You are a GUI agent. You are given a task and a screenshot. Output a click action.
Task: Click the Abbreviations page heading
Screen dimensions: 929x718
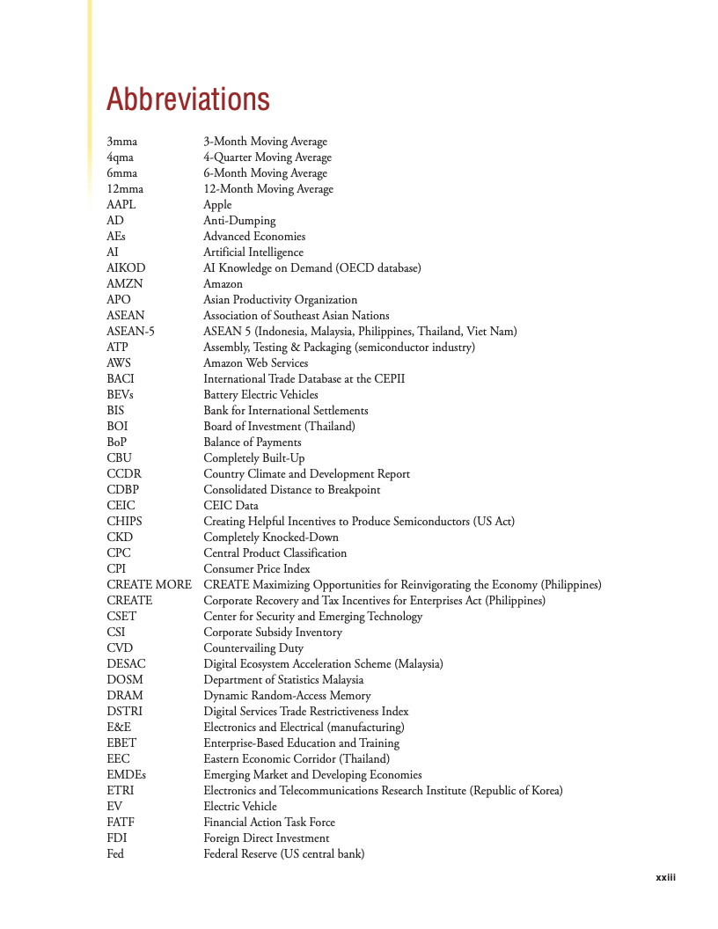point(187,99)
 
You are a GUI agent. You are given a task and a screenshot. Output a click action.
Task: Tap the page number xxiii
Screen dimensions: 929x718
point(665,877)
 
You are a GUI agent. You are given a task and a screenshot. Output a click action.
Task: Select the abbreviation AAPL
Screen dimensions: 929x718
point(121,205)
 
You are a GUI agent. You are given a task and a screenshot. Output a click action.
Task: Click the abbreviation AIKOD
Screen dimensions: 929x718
point(126,268)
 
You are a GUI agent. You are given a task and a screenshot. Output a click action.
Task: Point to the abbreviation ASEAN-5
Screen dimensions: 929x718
point(130,332)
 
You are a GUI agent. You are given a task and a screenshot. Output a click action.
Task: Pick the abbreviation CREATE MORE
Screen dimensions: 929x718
point(149,585)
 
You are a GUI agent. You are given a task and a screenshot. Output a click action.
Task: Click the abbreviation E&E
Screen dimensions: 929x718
point(119,728)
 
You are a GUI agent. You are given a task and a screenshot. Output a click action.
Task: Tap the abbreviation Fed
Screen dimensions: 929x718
point(115,854)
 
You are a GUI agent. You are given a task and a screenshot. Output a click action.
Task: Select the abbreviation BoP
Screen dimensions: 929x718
point(117,443)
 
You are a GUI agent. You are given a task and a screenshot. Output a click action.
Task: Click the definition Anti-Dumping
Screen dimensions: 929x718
point(239,221)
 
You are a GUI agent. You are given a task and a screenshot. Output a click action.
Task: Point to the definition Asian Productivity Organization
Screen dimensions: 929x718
point(280,300)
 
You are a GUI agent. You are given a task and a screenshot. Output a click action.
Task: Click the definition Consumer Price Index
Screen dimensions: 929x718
point(257,569)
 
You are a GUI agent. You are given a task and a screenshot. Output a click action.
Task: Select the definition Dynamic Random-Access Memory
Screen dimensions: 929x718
point(287,696)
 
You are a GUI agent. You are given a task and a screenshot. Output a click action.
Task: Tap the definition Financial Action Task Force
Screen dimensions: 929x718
point(269,823)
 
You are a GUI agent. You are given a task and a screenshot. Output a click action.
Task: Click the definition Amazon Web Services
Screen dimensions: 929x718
point(255,363)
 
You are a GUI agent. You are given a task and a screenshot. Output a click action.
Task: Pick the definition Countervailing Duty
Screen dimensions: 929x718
point(253,648)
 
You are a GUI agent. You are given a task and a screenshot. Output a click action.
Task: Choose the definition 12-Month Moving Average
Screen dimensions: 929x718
point(268,189)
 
